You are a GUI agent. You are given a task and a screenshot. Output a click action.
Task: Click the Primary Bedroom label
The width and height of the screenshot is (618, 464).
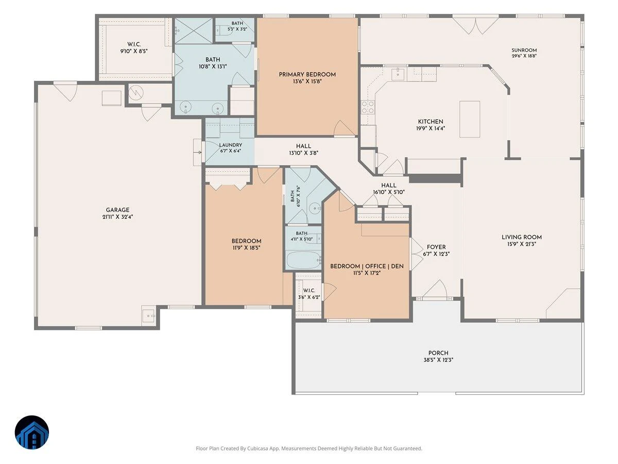pyautogui.click(x=307, y=74)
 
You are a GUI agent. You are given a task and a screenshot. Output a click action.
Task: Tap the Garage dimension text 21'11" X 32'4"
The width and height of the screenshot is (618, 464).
pyautogui.click(x=118, y=217)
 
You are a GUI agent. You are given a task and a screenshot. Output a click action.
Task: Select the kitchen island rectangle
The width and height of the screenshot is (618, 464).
pyautogui.click(x=470, y=119)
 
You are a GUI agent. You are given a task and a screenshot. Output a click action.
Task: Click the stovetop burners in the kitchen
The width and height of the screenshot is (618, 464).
pyautogui.click(x=368, y=107)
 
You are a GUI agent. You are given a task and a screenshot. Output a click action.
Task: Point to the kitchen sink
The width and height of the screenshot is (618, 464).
pyautogui.click(x=398, y=74)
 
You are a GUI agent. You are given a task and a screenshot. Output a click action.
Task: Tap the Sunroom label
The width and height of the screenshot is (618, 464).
pyautogui.click(x=524, y=50)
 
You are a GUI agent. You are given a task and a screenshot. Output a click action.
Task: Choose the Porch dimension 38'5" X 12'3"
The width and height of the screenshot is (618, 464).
pyautogui.click(x=438, y=360)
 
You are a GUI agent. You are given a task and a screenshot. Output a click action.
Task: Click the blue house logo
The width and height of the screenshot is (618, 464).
pyautogui.click(x=32, y=433)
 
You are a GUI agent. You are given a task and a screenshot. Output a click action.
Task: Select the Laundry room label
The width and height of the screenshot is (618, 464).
pyautogui.click(x=231, y=145)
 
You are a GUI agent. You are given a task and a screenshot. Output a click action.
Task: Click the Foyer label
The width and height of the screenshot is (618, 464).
pyautogui.click(x=436, y=247)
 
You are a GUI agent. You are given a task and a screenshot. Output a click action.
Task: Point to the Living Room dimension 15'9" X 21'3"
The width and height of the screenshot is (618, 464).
pyautogui.click(x=521, y=244)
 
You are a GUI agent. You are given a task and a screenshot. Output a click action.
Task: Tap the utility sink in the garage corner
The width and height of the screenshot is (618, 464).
pyautogui.click(x=148, y=316)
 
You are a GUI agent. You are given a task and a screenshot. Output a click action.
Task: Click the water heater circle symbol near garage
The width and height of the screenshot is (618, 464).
pyautogui.click(x=136, y=92)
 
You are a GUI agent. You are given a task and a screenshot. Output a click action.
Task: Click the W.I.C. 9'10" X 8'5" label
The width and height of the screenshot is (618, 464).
pyautogui.click(x=134, y=47)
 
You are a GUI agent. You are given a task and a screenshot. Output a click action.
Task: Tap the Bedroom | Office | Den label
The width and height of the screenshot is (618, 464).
pyautogui.click(x=367, y=266)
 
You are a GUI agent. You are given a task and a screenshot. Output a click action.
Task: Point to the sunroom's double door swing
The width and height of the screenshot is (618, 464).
pyautogui.click(x=475, y=26)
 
